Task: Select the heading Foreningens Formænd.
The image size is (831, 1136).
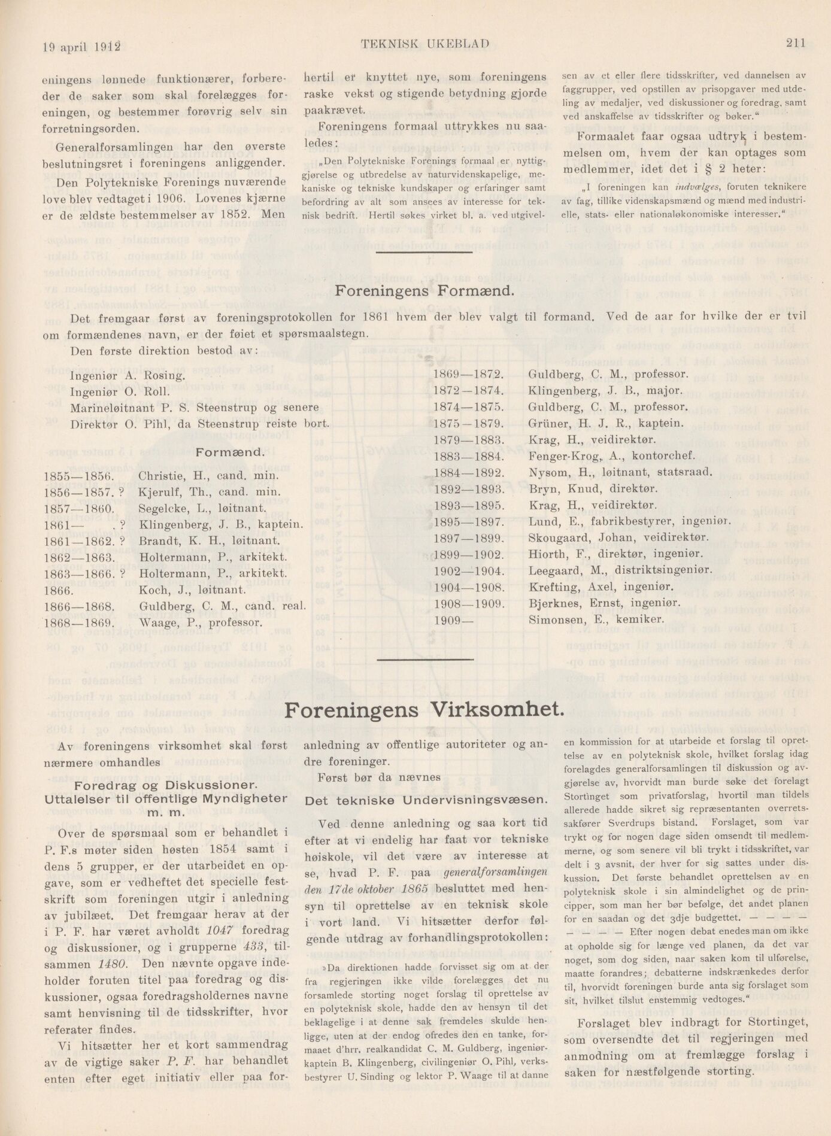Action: tap(424, 291)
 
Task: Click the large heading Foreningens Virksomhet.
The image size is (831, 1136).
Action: tap(424, 710)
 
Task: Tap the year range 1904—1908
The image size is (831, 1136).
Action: tap(469, 587)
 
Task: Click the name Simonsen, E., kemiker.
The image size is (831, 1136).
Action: tap(596, 620)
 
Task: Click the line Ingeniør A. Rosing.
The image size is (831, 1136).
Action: tap(128, 376)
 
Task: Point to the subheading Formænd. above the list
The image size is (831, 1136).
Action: tap(230, 453)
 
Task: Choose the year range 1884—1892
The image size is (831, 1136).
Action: tap(469, 473)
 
